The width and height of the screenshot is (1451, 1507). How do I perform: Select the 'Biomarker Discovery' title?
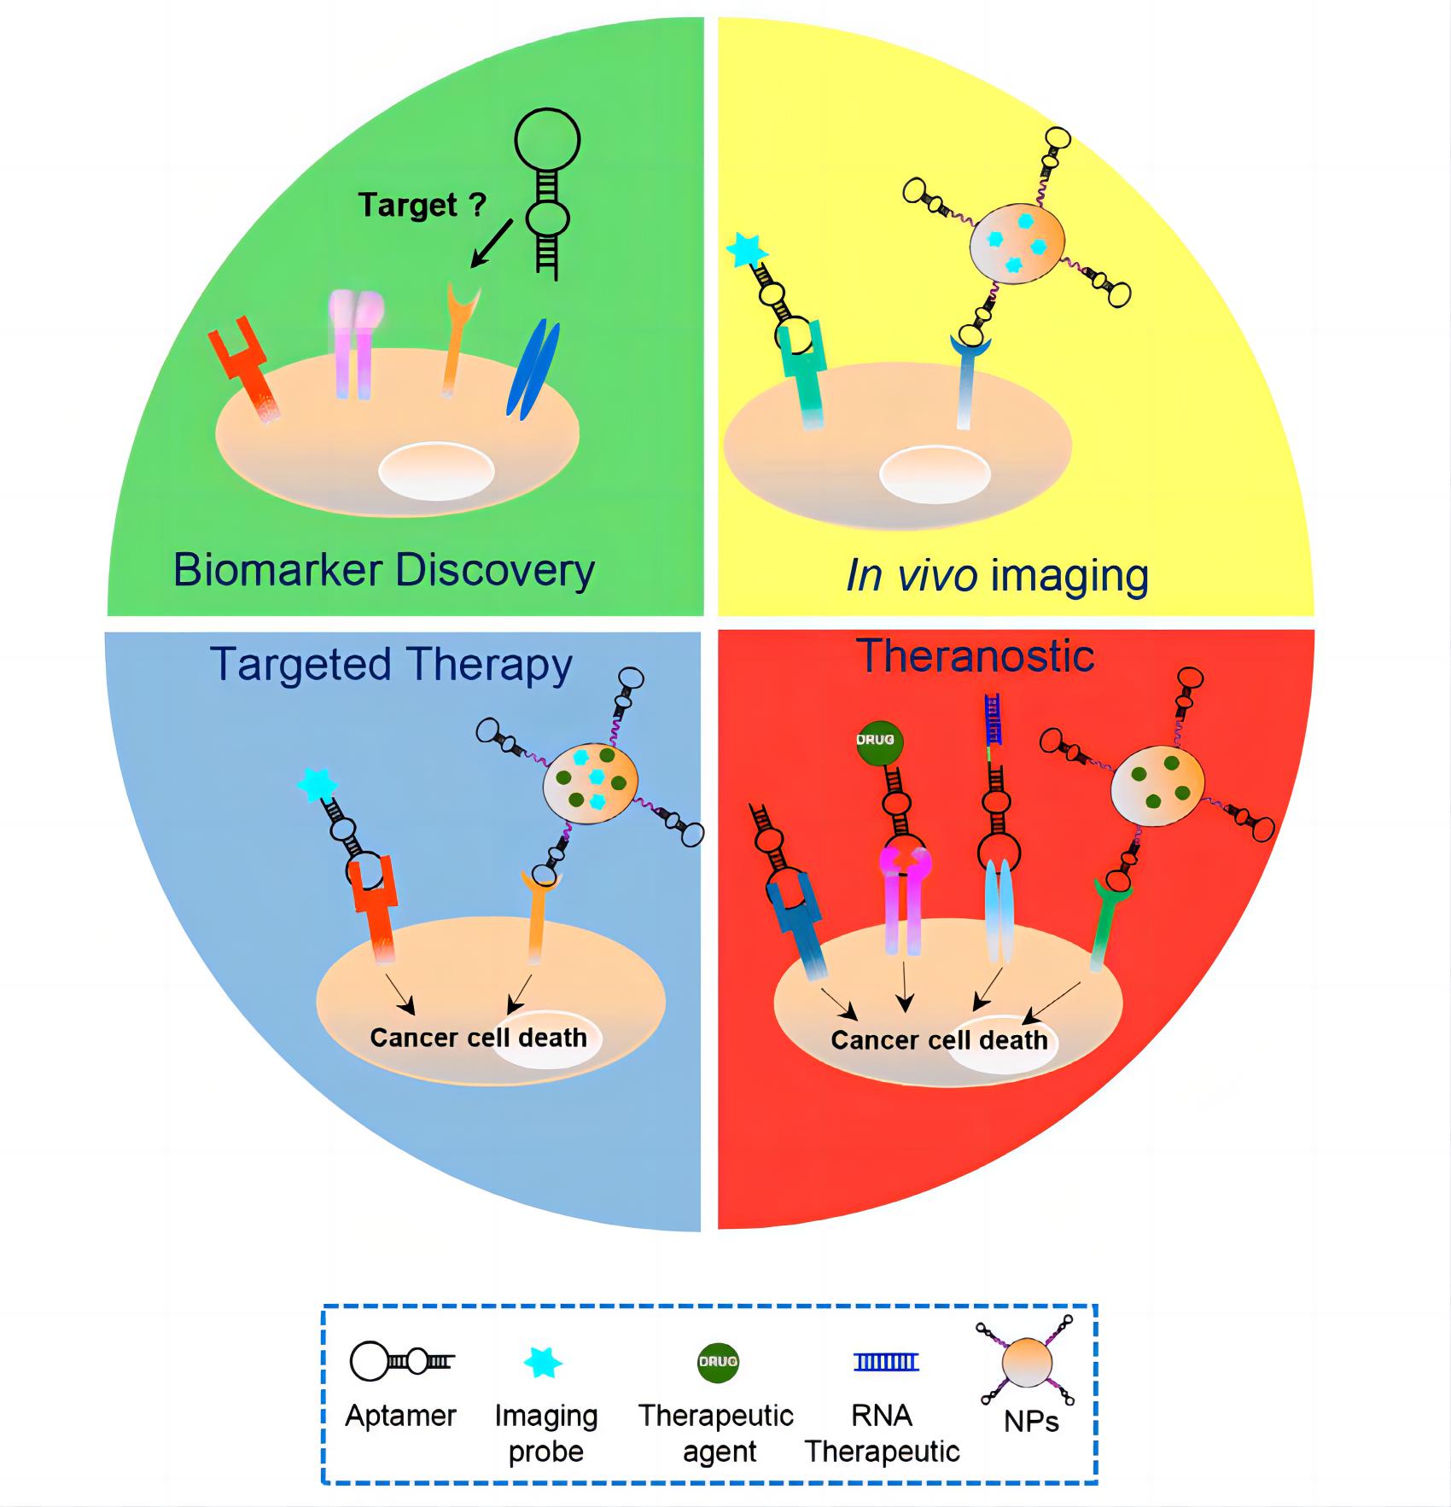pos(383,569)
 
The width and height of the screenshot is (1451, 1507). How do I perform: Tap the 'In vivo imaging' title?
pos(997,575)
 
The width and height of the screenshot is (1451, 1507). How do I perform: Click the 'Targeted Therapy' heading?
pos(391,664)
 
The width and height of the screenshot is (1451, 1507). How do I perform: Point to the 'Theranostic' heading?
pos(975,655)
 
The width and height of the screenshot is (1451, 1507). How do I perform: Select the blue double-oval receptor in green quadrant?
pos(533,369)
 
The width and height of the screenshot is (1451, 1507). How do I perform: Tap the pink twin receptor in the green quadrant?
pos(355,341)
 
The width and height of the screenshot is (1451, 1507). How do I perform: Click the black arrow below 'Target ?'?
pos(491,245)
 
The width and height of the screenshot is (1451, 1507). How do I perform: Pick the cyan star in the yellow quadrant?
pos(747,252)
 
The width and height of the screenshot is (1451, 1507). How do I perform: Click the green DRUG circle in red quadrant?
pos(879,739)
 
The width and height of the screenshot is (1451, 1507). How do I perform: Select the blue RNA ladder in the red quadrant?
pos(993,715)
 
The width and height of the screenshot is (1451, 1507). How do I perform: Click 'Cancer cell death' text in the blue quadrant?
pos(478,1038)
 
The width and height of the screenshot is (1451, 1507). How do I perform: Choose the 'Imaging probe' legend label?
pos(546,1433)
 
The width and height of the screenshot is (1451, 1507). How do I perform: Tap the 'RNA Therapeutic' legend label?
pos(883,1433)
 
